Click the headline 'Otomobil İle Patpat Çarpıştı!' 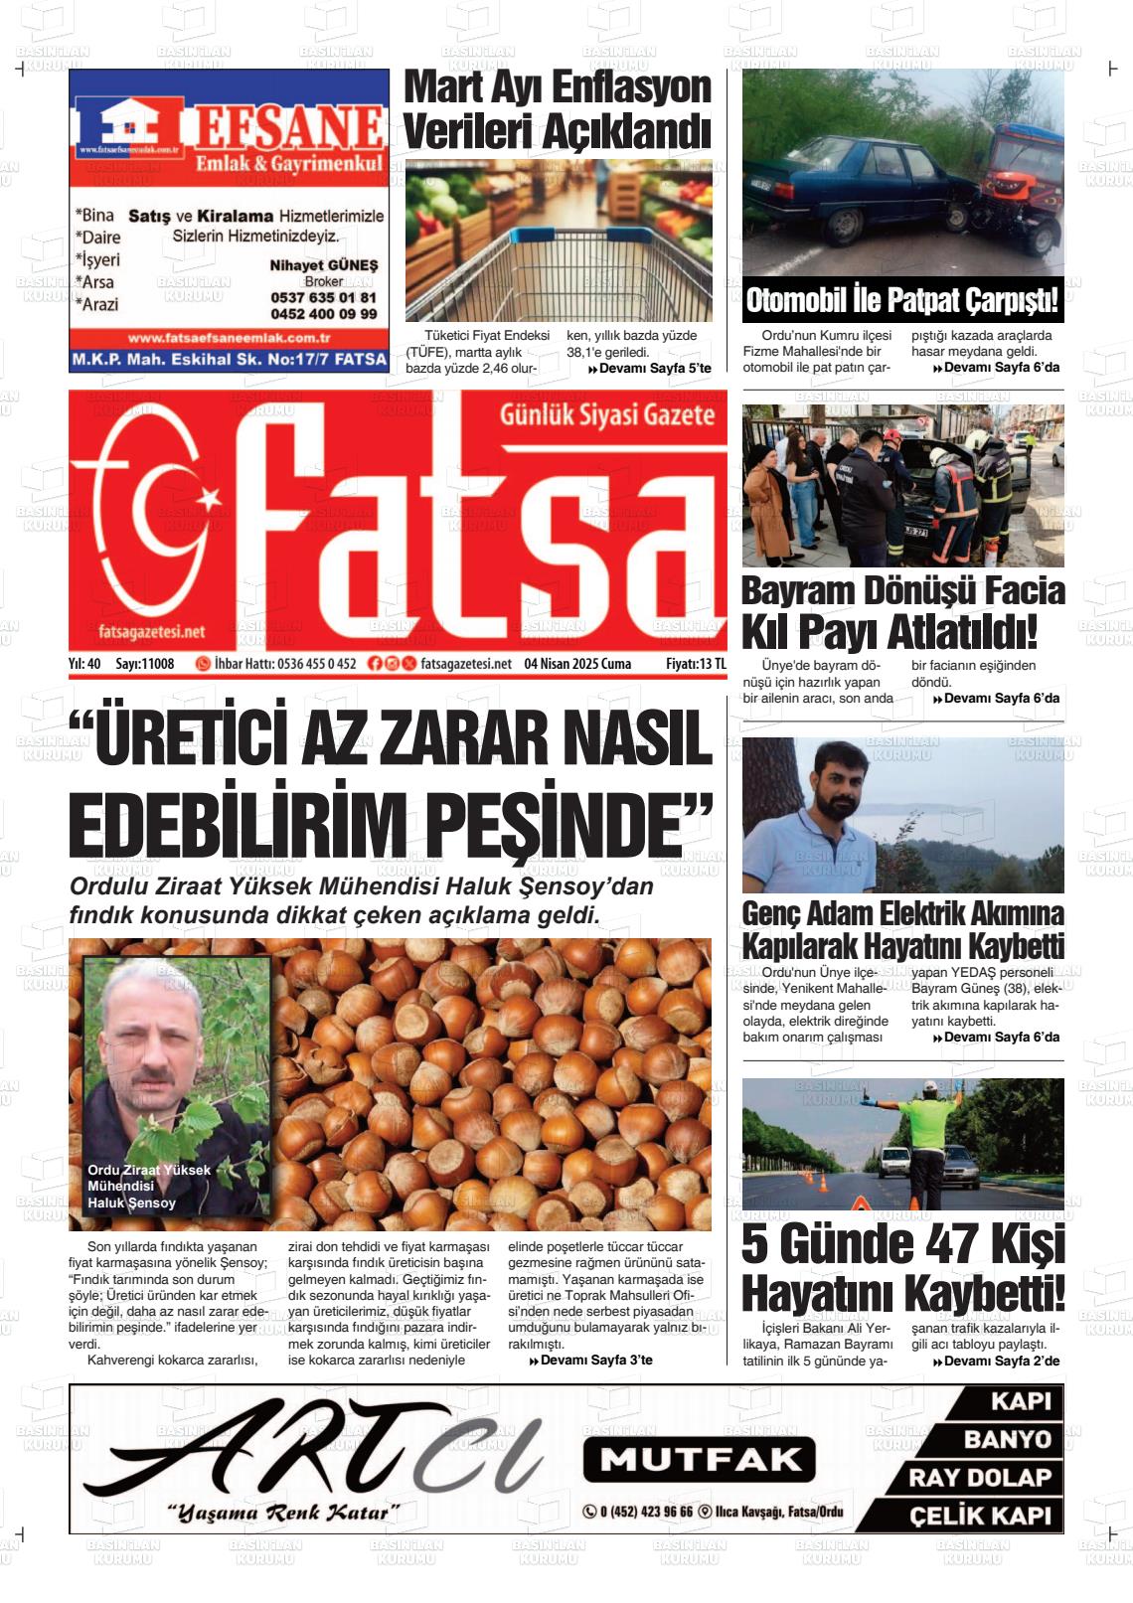(x=901, y=300)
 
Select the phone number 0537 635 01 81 (x=323, y=297)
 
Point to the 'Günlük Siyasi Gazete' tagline (x=606, y=414)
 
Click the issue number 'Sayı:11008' (x=145, y=664)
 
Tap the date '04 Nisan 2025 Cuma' (x=577, y=664)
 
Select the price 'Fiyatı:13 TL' (x=696, y=664)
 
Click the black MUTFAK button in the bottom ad (x=699, y=1459)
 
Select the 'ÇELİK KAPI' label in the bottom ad (x=980, y=1516)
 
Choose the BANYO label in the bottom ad (x=1007, y=1439)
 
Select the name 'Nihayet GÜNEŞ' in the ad (x=324, y=265)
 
